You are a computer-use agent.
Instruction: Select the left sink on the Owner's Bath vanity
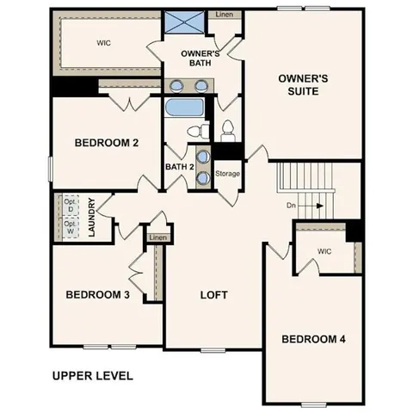click(176, 86)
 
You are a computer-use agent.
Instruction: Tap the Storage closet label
click(227, 174)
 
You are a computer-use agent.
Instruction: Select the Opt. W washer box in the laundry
click(71, 228)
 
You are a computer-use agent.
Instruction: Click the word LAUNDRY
click(91, 219)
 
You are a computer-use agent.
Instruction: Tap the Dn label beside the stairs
click(292, 206)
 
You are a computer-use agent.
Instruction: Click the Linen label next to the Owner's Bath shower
click(224, 15)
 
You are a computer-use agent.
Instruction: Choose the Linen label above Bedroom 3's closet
click(157, 237)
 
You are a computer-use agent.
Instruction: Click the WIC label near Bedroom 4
click(324, 251)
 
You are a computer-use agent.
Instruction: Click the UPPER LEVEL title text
click(92, 375)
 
